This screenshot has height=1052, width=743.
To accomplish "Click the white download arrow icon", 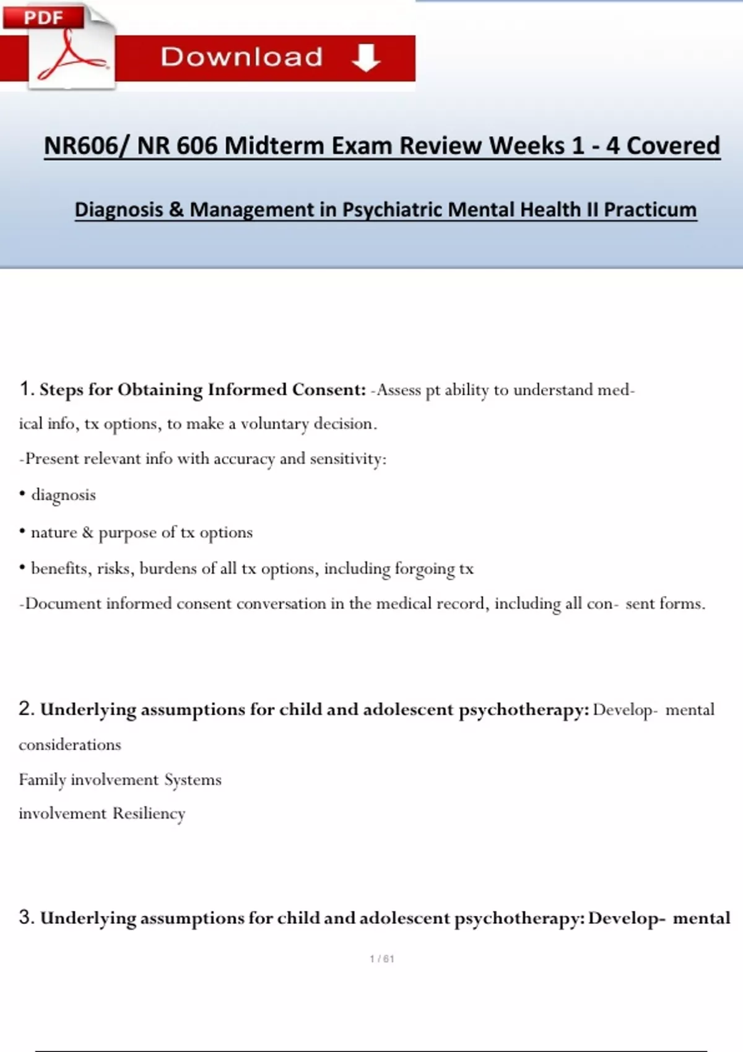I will tap(365, 58).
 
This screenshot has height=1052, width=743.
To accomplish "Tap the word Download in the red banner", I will tap(241, 58).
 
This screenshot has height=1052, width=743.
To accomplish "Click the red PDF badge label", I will tap(43, 17).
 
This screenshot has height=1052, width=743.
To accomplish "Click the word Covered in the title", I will tap(673, 146).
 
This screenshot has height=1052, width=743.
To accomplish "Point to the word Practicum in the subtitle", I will tap(650, 210).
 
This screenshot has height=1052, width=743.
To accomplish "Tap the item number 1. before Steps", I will tap(27, 389).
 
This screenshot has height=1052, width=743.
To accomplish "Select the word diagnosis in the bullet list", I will tap(64, 495).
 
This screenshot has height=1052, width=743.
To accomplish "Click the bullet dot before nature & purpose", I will tap(22, 531).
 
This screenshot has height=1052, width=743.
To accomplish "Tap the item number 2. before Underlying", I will tap(27, 709).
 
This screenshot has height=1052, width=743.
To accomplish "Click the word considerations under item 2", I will tap(70, 744).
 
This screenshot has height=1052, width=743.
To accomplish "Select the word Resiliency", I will tap(149, 813).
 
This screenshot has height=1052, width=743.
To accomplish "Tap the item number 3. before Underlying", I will tap(27, 917).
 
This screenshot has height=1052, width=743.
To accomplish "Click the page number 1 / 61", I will tap(382, 959).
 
